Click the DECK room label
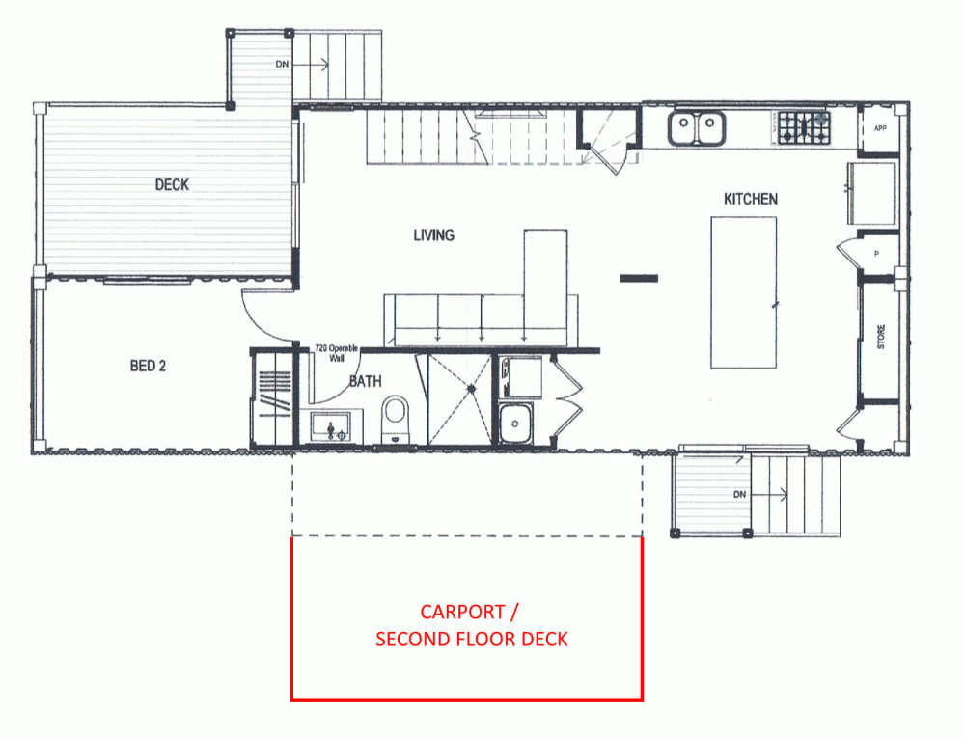[172, 184]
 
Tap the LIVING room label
[434, 235]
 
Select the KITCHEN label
[750, 199]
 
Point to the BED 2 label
[148, 366]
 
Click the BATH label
[366, 381]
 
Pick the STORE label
[881, 337]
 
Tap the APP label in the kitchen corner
[880, 128]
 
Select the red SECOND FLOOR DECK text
[472, 639]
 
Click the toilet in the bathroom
[395, 420]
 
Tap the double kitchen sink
[696, 128]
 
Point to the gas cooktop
[804, 128]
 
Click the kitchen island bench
[743, 292]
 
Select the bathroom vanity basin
[330, 426]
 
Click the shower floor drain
[472, 389]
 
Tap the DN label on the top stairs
[282, 64]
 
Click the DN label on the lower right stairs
[740, 495]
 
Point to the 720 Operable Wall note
[336, 353]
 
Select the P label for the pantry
[876, 254]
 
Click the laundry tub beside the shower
[515, 424]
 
